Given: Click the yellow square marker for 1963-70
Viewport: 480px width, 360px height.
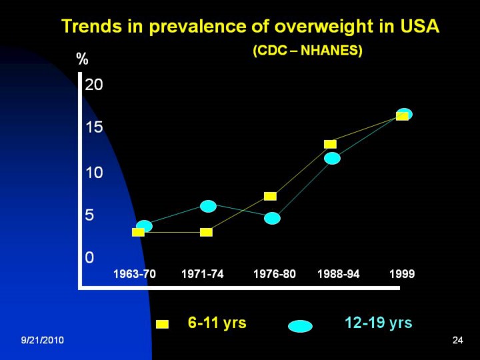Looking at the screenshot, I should tap(138, 232).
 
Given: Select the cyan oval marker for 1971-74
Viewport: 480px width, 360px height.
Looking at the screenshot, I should tap(209, 206).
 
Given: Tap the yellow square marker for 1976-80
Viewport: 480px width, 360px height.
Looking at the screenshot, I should tap(270, 196).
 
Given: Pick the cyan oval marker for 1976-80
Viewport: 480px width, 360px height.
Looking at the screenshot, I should tap(272, 218).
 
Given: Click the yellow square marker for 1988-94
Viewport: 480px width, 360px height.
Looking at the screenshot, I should tap(330, 144).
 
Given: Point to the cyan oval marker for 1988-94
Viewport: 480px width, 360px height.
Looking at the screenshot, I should tap(332, 158).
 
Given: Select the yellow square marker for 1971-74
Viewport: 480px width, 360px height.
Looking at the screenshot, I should tap(206, 232).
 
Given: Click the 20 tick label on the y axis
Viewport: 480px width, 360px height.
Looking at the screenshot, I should tap(94, 85).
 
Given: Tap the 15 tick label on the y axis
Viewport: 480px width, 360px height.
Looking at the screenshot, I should tap(94, 127).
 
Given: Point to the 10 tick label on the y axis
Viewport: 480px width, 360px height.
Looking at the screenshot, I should tap(94, 173).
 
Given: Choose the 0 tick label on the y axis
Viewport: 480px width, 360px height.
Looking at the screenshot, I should tap(89, 257).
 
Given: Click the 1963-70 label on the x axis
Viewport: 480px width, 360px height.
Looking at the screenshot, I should tap(135, 274).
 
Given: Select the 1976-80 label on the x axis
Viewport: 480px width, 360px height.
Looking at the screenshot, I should tap(274, 274).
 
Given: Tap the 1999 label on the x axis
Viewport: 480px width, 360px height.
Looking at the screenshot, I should tap(402, 274).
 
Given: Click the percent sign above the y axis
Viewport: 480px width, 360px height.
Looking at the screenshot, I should tap(83, 59).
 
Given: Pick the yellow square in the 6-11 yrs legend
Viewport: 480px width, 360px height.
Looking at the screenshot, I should tap(162, 325).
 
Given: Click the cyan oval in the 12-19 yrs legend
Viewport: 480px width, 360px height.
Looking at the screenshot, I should tap(300, 326).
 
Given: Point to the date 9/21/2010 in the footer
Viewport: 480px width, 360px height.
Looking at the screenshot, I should tap(42, 341).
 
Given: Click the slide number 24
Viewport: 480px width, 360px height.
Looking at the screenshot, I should tap(457, 341).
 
